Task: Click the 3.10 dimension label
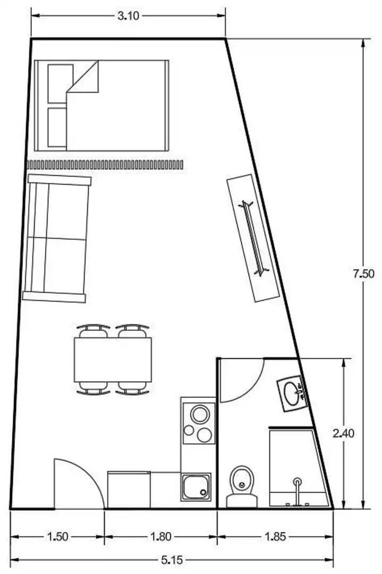[129, 16]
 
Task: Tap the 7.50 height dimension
[363, 274]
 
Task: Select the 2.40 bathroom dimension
[344, 434]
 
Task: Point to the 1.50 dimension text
[58, 537]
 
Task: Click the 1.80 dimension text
[161, 537]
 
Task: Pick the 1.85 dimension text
[275, 537]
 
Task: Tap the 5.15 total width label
[172, 560]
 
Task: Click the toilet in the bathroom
[242, 486]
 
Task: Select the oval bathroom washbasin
[292, 393]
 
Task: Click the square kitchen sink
[196, 487]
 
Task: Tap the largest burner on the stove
[200, 415]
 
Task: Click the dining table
[113, 359]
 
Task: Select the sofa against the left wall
[56, 238]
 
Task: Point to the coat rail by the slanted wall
[254, 238]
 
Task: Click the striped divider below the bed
[105, 165]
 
